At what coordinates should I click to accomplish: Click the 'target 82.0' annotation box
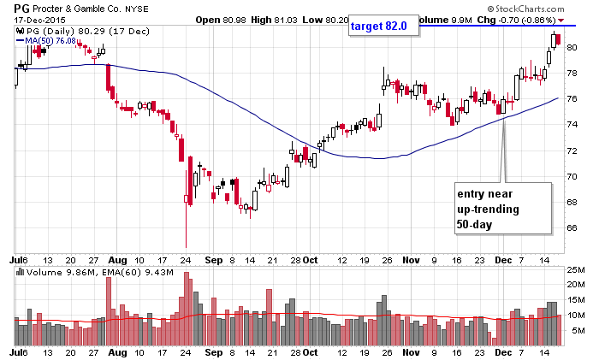tap(383, 27)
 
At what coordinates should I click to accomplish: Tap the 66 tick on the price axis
tap(572, 228)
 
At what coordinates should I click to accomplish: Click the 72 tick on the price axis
tap(572, 150)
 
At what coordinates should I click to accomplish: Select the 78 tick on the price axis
tap(572, 73)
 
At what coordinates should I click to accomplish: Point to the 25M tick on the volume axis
tap(575, 272)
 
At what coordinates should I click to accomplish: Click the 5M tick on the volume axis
tap(572, 328)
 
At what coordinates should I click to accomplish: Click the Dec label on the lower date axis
tap(503, 351)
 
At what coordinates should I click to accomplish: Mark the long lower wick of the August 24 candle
tap(186, 227)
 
